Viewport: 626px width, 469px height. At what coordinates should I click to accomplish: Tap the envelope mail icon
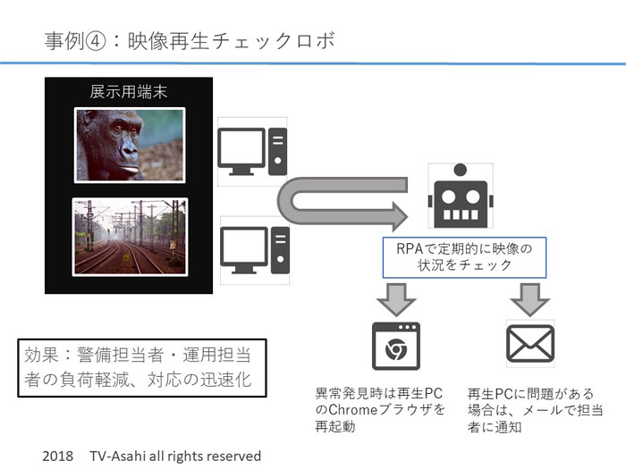click(x=530, y=343)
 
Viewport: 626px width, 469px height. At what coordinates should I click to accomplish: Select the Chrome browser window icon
click(x=396, y=347)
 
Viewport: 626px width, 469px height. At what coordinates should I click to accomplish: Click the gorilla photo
click(x=130, y=145)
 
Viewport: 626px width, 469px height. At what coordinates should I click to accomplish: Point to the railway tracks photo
click(x=131, y=237)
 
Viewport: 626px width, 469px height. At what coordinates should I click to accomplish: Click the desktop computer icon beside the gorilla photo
click(x=252, y=152)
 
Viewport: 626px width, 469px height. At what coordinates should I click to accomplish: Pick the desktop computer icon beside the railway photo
click(x=255, y=250)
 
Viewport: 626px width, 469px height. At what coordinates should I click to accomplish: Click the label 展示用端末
click(x=128, y=92)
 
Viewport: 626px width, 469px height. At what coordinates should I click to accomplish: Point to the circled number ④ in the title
click(x=96, y=41)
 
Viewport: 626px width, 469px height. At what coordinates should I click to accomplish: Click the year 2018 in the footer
click(x=58, y=456)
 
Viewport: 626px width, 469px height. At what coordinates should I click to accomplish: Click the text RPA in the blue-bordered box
click(x=410, y=249)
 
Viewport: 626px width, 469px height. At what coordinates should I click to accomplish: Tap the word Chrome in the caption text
click(x=352, y=409)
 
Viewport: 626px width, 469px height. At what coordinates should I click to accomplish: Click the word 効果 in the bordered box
click(x=41, y=355)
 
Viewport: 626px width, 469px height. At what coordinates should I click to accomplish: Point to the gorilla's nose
click(x=130, y=151)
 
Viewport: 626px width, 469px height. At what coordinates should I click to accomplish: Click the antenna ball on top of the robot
click(x=461, y=170)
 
